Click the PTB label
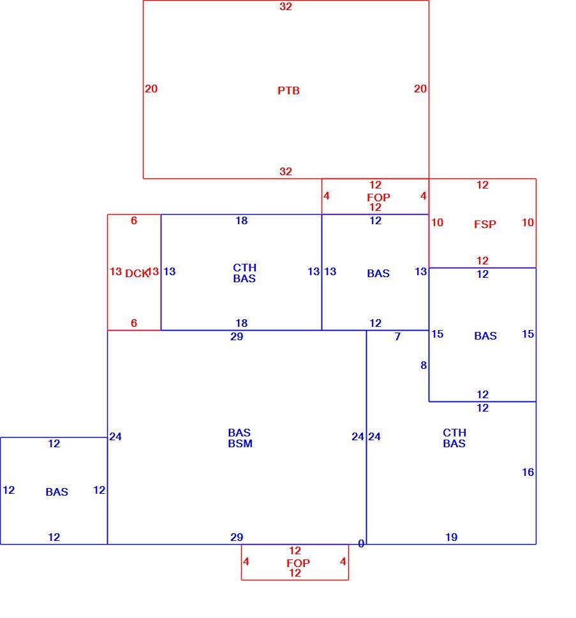[x=288, y=90]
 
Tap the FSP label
[x=485, y=224]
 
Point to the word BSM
[x=240, y=444]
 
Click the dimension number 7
[x=397, y=336]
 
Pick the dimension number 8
[x=424, y=365]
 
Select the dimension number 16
[x=528, y=472]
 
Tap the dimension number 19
[x=452, y=537]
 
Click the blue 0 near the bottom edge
[x=361, y=544]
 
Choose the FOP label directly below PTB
[x=378, y=198]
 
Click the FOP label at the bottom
[x=298, y=563]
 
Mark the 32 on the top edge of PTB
[x=286, y=6]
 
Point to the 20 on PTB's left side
[x=151, y=89]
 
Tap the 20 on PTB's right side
[x=420, y=89]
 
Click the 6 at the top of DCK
[x=134, y=220]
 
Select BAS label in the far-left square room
[x=57, y=492]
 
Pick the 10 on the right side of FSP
[x=528, y=223]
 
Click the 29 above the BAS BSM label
[x=237, y=336]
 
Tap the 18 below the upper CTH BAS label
[x=242, y=323]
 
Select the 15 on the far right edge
[x=528, y=334]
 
